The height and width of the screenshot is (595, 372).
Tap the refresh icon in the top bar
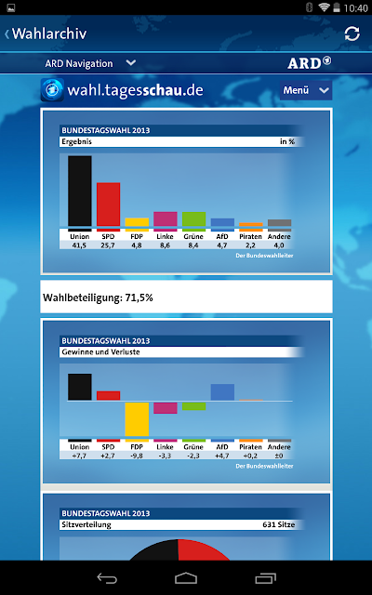click(352, 33)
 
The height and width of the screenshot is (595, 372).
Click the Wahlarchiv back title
click(46, 33)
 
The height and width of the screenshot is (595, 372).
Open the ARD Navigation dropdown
click(90, 63)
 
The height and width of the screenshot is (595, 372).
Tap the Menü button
click(306, 90)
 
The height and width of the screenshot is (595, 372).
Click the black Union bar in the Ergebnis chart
click(80, 191)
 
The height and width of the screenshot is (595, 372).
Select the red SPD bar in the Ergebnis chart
click(108, 205)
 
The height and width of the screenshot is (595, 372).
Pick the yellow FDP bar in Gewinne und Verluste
click(137, 419)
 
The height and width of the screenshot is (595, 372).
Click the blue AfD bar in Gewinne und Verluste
click(222, 392)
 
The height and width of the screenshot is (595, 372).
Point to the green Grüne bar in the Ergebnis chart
click(194, 219)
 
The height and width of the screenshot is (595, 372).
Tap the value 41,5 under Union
click(79, 245)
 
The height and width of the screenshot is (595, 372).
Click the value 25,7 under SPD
click(108, 245)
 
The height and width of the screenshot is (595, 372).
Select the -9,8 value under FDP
click(137, 456)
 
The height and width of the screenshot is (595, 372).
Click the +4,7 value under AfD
click(222, 456)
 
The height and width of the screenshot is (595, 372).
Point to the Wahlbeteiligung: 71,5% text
click(98, 297)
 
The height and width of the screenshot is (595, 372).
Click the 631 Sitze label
click(279, 524)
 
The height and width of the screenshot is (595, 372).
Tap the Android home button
click(186, 578)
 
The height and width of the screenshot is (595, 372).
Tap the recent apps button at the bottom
click(265, 578)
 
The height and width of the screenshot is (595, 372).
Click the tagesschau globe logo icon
click(52, 90)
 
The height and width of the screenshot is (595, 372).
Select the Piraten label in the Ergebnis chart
click(250, 236)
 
